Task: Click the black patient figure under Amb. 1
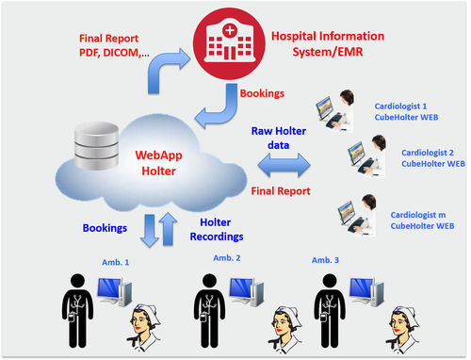tap(76, 311)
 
